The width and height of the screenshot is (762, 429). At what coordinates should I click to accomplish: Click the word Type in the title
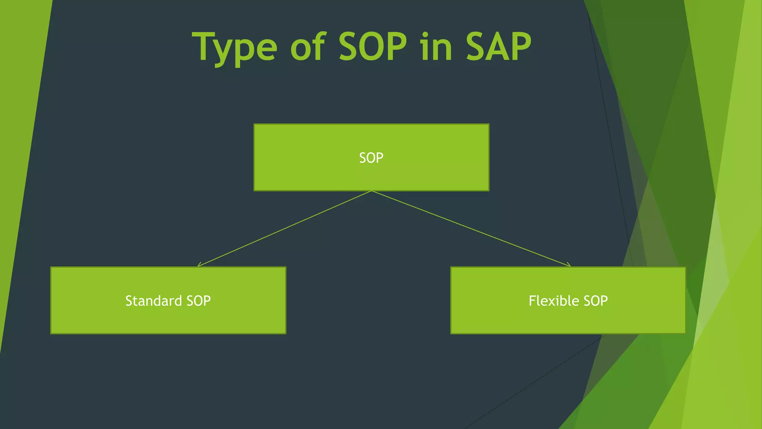pyautogui.click(x=234, y=48)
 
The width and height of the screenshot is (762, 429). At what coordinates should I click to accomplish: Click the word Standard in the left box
pyautogui.click(x=153, y=301)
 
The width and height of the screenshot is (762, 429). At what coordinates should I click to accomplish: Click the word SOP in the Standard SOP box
pyautogui.click(x=199, y=301)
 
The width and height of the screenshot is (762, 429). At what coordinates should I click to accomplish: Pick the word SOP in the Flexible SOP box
pyautogui.click(x=595, y=301)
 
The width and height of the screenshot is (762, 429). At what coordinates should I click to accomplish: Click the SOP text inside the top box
pyautogui.click(x=371, y=158)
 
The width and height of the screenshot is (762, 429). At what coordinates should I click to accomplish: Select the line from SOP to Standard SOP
pyautogui.click(x=285, y=229)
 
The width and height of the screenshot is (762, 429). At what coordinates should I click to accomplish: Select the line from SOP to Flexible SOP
pyautogui.click(x=471, y=229)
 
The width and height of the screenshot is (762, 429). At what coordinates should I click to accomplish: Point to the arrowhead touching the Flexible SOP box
pyautogui.click(x=569, y=265)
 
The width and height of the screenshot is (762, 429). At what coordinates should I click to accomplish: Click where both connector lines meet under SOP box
pyautogui.click(x=371, y=191)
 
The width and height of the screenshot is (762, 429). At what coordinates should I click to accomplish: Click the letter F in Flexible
pyautogui.click(x=533, y=301)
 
